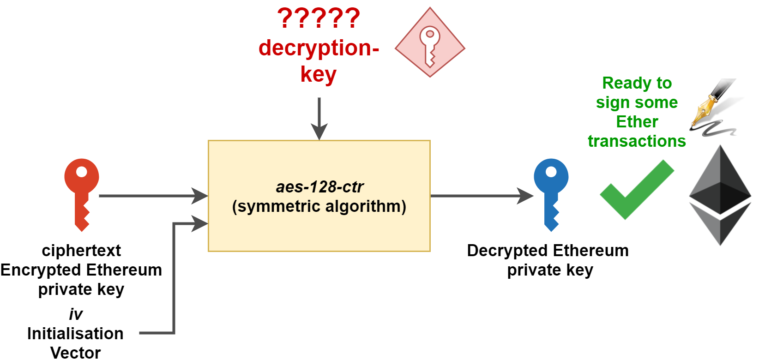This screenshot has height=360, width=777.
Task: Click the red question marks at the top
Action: (319, 19)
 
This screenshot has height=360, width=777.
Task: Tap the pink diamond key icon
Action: (430, 42)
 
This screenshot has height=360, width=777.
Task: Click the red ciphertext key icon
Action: (82, 194)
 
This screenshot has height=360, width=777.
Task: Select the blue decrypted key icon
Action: (551, 194)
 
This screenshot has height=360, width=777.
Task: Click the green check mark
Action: (637, 190)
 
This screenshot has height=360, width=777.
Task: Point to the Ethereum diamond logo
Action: (720, 195)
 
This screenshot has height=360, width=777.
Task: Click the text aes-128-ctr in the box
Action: (319, 187)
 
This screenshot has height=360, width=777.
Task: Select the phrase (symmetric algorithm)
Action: (319, 206)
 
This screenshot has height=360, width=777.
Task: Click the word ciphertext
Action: (81, 251)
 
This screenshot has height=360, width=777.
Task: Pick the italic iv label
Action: (75, 315)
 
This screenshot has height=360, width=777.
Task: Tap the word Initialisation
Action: (75, 334)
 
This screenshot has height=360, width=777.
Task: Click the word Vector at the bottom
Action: (75, 353)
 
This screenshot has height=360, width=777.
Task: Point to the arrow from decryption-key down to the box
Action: (319, 118)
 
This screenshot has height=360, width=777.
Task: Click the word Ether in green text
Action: (637, 122)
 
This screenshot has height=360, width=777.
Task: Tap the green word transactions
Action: (637, 141)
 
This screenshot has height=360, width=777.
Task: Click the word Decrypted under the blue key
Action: (501, 251)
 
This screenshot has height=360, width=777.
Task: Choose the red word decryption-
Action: (319, 48)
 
